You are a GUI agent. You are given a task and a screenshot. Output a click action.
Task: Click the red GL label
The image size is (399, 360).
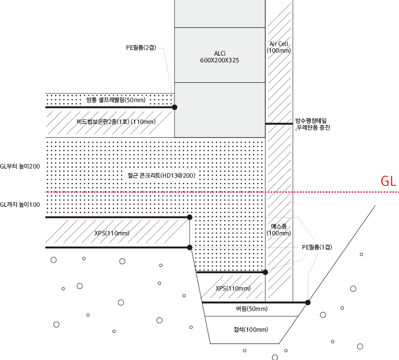(x=389, y=182)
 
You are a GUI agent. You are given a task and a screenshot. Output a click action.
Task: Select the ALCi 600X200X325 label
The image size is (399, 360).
(x=220, y=57)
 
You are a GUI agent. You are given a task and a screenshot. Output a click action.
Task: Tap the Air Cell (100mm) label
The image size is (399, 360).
(x=279, y=47)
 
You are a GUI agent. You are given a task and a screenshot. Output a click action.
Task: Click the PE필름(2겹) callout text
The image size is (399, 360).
(x=141, y=47)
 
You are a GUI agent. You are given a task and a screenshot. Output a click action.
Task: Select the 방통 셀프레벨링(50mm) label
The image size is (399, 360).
(x=115, y=100)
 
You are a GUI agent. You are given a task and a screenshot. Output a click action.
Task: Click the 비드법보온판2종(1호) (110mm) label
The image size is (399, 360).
(x=116, y=122)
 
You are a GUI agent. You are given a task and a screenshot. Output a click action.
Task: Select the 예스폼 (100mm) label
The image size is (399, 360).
(x=279, y=230)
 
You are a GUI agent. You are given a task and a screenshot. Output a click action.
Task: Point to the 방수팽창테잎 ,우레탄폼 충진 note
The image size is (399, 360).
(x=312, y=124)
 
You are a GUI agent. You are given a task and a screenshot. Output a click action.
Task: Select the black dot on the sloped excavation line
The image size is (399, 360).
(x=308, y=302)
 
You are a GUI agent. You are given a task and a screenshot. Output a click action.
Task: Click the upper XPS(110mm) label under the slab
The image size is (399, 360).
(x=112, y=233)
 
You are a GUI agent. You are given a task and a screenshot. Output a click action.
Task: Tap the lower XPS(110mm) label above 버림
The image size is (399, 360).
(x=233, y=289)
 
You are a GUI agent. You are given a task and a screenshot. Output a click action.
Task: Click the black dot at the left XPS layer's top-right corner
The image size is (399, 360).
(x=190, y=217)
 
